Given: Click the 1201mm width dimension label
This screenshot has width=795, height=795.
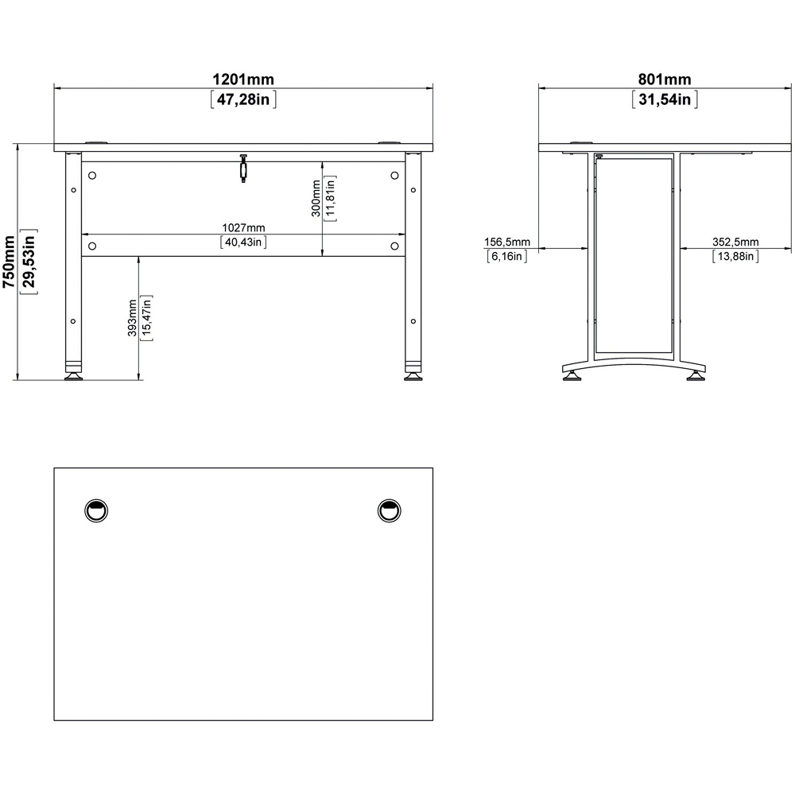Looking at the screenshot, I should pyautogui.click(x=242, y=79).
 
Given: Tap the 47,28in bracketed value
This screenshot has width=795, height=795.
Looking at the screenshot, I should pyautogui.click(x=243, y=99).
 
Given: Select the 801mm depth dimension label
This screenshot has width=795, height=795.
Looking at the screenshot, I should pyautogui.click(x=665, y=79).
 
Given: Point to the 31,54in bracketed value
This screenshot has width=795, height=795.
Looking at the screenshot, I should pyautogui.click(x=665, y=99).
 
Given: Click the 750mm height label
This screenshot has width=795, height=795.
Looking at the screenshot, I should pyautogui.click(x=9, y=262).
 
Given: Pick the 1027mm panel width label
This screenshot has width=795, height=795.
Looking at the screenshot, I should pyautogui.click(x=242, y=229).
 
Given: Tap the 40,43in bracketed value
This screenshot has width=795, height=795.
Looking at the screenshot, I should pyautogui.click(x=242, y=243).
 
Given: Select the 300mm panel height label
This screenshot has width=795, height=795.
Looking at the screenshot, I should pyautogui.click(x=316, y=199).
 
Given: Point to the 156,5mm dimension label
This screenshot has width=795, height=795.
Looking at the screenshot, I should pyautogui.click(x=506, y=242).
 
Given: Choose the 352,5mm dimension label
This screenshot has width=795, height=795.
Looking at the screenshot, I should pyautogui.click(x=735, y=242).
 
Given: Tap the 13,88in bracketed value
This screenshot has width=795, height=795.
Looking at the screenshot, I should pyautogui.click(x=735, y=256).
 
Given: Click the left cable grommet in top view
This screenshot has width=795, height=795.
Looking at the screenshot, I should pyautogui.click(x=96, y=510).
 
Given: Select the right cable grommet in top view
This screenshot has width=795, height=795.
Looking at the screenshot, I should pyautogui.click(x=389, y=510).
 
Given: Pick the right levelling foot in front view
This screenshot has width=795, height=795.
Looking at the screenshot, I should pyautogui.click(x=413, y=374).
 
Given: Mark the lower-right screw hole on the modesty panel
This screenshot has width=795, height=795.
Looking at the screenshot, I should pyautogui.click(x=394, y=245).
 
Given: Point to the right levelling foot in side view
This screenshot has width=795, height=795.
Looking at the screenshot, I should pyautogui.click(x=695, y=375).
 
